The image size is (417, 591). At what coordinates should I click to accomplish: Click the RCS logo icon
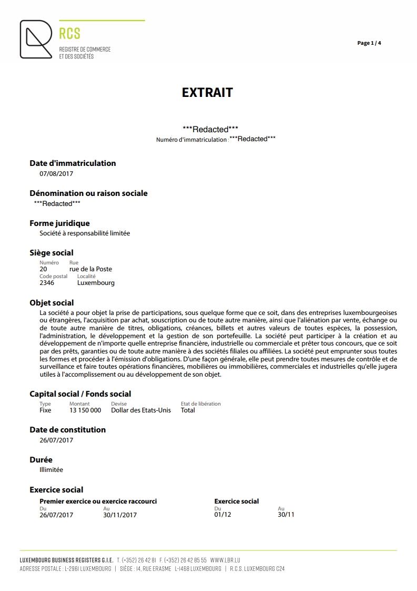[x=36, y=39]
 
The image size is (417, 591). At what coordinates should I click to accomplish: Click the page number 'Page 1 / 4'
[x=369, y=43]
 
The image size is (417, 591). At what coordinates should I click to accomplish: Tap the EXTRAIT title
[x=207, y=93]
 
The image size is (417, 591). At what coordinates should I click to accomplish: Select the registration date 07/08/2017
[x=56, y=173]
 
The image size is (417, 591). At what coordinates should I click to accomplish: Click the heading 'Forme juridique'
[x=59, y=223]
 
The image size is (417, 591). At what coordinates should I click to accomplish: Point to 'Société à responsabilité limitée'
[x=85, y=233]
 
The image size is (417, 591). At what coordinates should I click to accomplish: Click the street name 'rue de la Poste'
[x=90, y=269]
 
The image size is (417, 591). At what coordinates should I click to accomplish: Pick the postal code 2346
[x=47, y=283]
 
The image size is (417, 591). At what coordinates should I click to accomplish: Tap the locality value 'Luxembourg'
[x=96, y=283]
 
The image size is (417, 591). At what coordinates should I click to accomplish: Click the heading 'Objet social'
[x=52, y=303]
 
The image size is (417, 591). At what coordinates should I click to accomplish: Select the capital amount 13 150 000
[x=85, y=410]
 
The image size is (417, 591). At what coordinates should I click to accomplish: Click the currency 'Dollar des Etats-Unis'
[x=141, y=410]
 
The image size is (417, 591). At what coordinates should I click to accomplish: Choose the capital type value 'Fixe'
[x=46, y=410]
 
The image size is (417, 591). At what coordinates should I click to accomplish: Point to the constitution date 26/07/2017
[x=56, y=440]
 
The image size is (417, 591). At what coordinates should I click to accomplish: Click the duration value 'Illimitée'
[x=51, y=470]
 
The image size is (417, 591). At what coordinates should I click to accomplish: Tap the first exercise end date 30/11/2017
[x=120, y=515]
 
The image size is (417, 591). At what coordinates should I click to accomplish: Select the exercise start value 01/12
[x=222, y=515]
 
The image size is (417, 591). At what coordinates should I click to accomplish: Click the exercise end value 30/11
[x=286, y=515]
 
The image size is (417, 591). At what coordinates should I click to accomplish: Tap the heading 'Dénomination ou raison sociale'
[x=88, y=193]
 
